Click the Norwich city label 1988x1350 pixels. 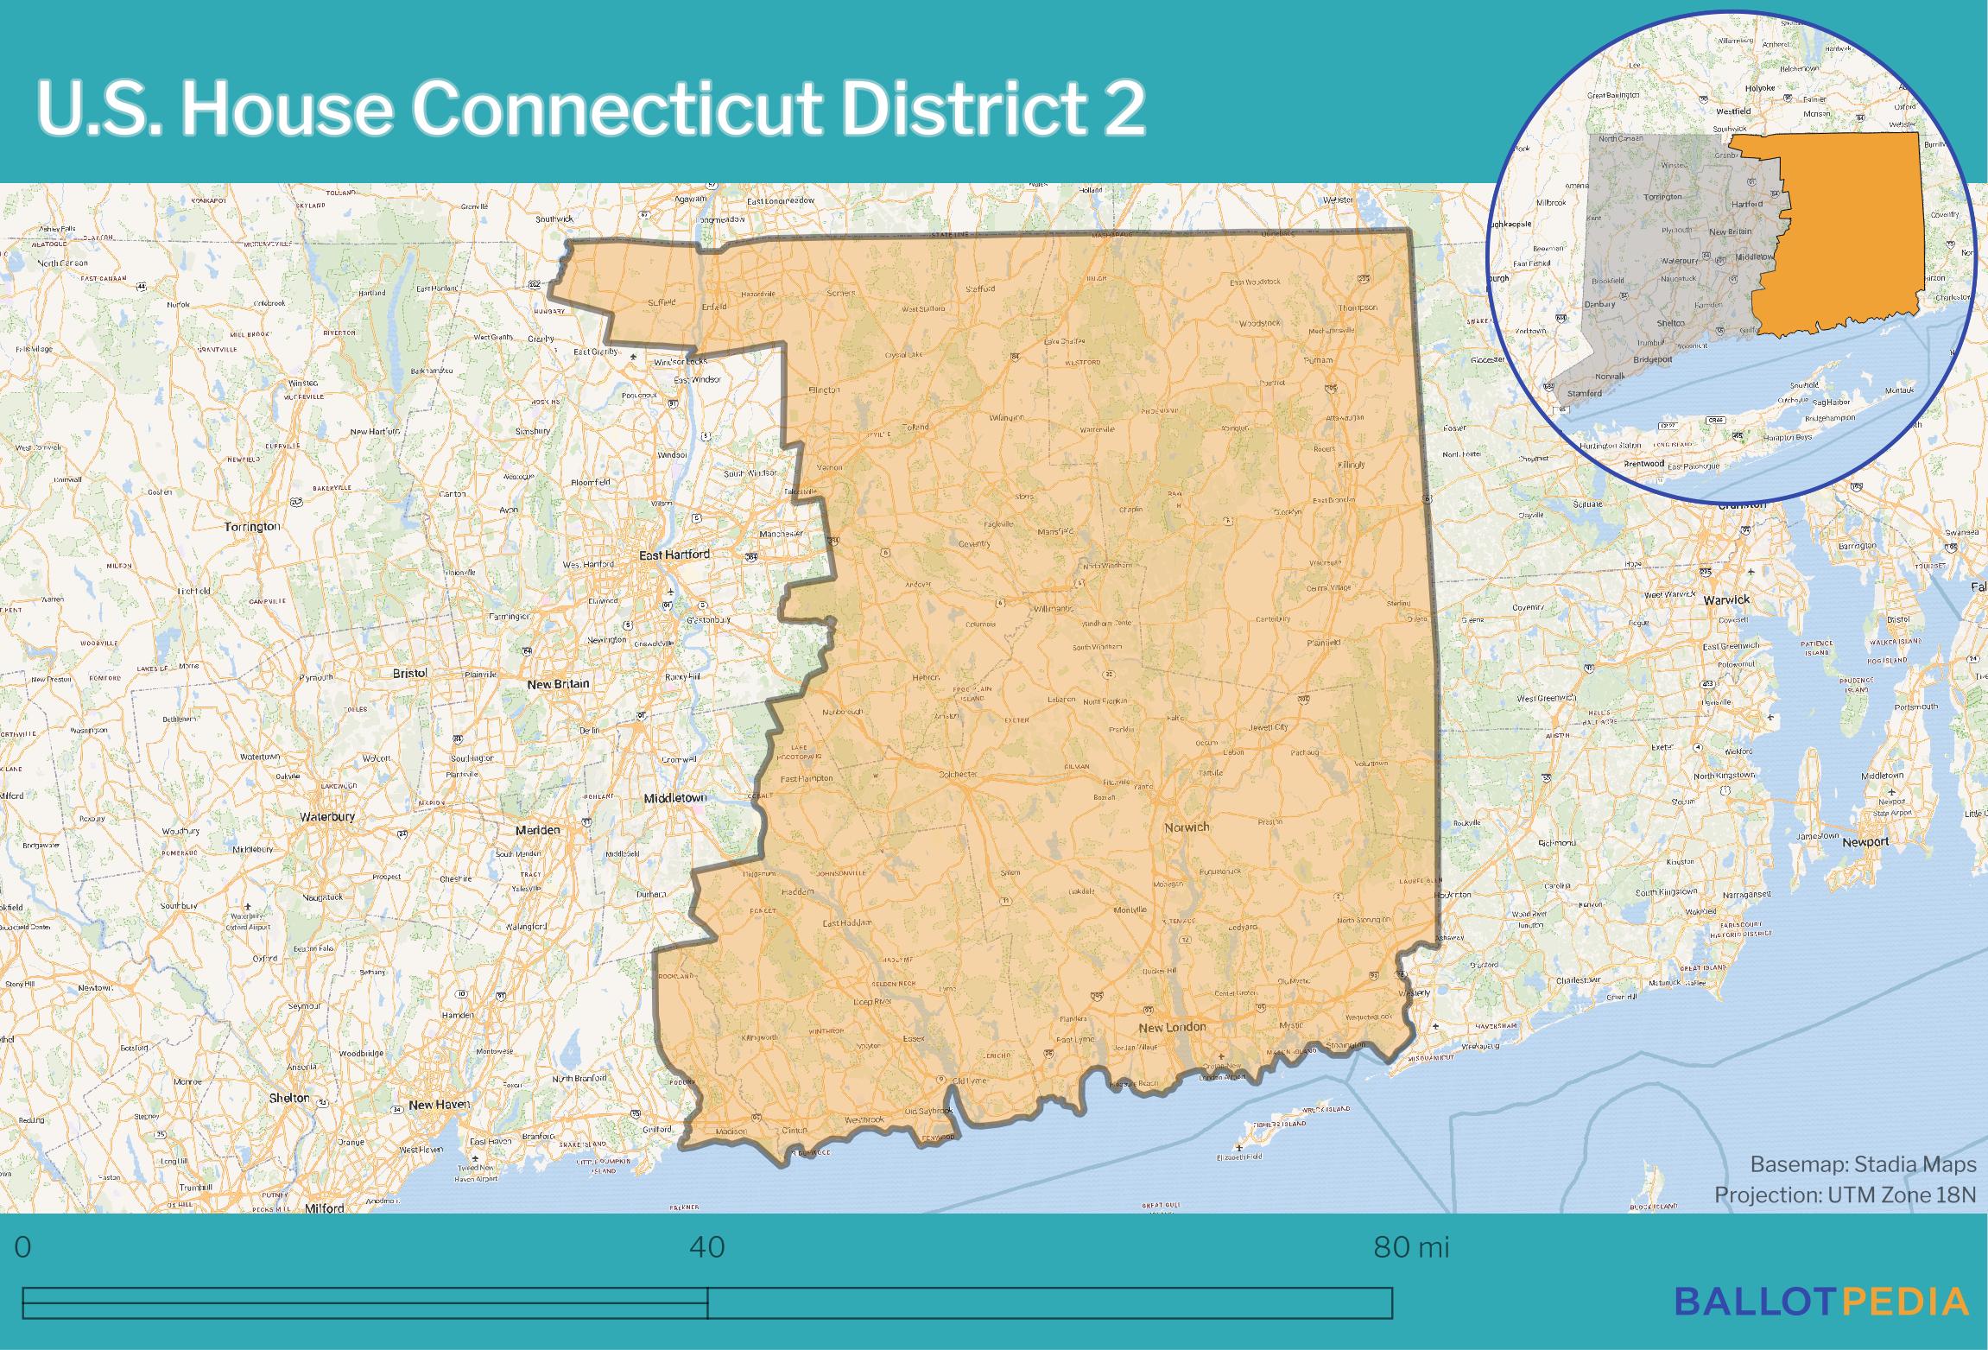coord(1187,827)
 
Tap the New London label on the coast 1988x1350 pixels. coord(1172,1027)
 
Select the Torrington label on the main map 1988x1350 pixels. coord(252,526)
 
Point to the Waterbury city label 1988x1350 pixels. coord(327,816)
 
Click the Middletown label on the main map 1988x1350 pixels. coord(675,798)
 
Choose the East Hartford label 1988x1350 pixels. coord(674,555)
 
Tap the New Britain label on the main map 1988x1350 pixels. coord(558,683)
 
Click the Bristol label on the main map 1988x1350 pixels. coord(409,673)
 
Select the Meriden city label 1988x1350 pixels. coord(537,829)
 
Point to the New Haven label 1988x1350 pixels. coord(440,1104)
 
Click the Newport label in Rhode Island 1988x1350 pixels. coord(1865,842)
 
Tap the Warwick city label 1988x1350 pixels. coord(1726,599)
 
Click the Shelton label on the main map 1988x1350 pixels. coord(289,1098)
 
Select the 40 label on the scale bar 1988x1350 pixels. coord(707,1247)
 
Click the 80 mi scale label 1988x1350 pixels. coord(1411,1247)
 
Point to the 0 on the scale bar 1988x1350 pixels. coord(23,1247)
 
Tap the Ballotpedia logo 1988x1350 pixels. coord(1821,1324)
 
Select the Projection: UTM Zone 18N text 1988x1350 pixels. coord(1845,1195)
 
